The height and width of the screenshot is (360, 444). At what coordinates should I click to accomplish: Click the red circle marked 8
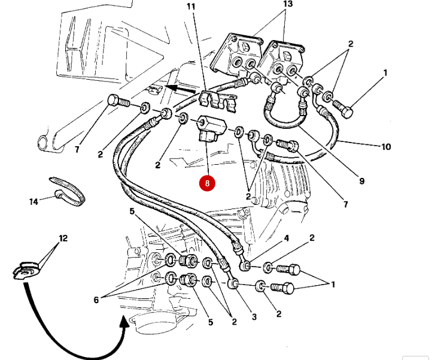point(207,183)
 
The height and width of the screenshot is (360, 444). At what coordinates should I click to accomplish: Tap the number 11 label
point(191,7)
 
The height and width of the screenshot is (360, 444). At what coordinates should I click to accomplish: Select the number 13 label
point(288,4)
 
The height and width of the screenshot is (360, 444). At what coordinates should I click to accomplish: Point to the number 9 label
point(361,180)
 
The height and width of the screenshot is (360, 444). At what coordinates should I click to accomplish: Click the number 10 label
point(386,146)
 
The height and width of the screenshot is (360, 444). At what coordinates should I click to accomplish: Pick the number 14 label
point(34,202)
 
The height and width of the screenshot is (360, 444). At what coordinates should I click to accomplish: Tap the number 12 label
point(63,238)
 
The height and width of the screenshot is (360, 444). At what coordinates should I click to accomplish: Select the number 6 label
point(96,300)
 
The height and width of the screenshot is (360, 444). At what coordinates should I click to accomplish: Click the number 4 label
point(286,238)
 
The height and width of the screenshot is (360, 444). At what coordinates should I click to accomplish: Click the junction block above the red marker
point(211,130)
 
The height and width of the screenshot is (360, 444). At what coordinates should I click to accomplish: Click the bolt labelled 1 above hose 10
point(342,108)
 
